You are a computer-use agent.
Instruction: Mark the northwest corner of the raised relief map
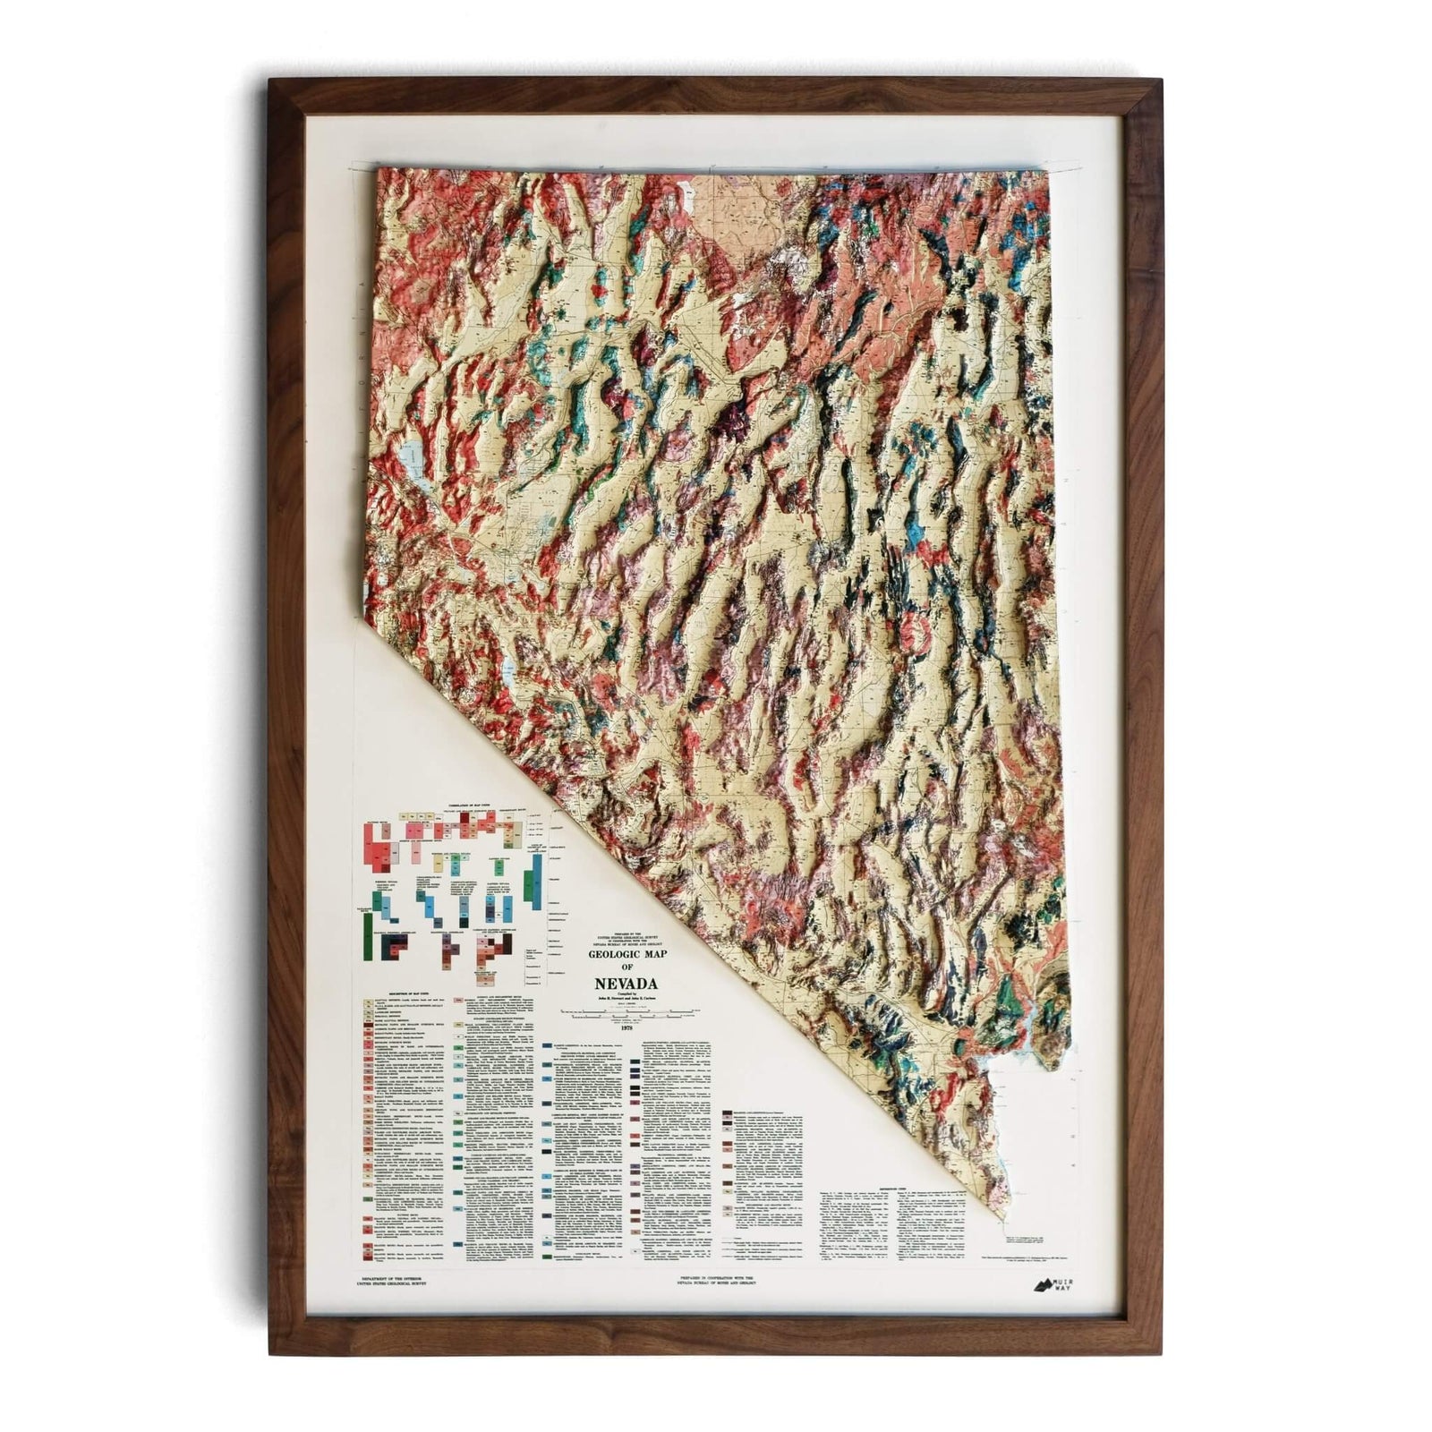pos(379,167)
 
